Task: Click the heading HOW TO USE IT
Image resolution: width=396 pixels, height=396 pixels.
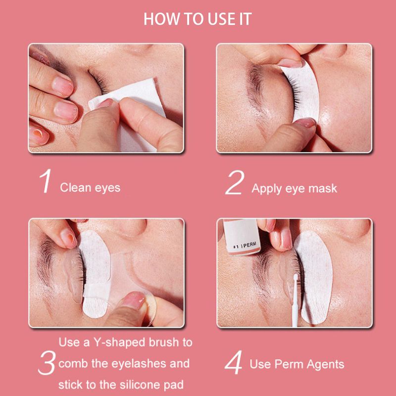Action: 198,19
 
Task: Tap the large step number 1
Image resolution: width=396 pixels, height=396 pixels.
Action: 46,181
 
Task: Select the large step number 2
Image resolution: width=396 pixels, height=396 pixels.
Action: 235,182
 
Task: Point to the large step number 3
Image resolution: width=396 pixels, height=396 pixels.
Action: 47,363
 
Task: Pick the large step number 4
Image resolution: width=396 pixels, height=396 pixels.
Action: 233,362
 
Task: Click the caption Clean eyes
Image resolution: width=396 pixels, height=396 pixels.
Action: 90,188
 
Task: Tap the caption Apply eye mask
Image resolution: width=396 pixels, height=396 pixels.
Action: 294,189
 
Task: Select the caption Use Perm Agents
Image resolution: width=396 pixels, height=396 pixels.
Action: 297,364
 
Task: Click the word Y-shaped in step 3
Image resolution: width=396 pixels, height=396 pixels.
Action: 119,343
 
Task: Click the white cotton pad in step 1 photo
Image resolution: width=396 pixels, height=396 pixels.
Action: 129,106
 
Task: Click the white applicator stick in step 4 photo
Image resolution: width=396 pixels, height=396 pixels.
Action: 295,300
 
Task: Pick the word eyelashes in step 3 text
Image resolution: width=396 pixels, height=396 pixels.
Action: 139,364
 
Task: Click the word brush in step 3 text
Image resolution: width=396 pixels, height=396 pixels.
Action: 163,342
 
